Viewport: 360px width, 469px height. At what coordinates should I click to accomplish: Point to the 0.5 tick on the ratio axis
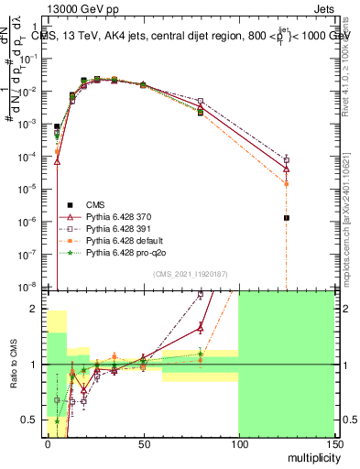pos(34,420)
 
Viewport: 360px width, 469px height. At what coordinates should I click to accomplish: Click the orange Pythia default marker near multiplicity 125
pos(287,183)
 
